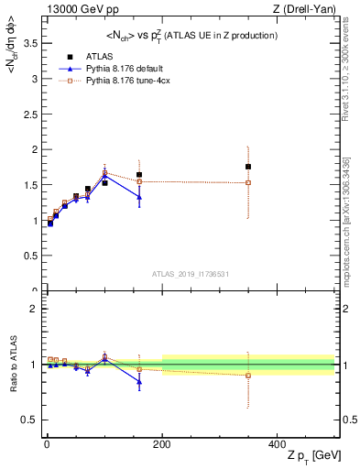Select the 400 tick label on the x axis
[x=277, y=442]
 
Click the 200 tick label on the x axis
[x=161, y=442]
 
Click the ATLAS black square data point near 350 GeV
[x=248, y=167]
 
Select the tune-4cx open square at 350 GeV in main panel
[x=248, y=182]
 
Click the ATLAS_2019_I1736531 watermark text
[x=190, y=274]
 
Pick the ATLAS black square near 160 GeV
[x=139, y=175]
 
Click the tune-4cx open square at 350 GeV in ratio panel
[x=248, y=376]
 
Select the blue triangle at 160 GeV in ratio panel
[x=139, y=382]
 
